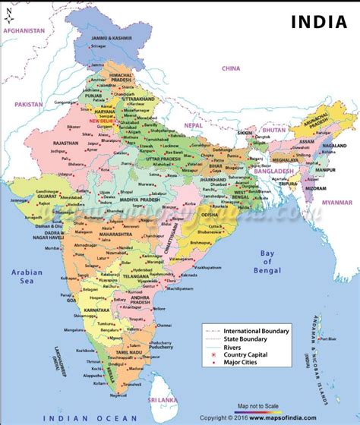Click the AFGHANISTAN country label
pos(24,31)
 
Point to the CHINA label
pos(230,68)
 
